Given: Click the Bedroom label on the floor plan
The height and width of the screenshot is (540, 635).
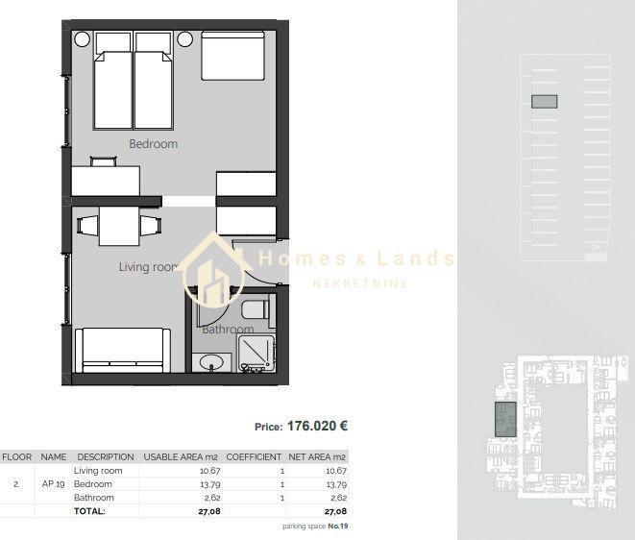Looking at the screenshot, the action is (x=153, y=144).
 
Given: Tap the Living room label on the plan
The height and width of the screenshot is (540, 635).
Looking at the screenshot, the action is (x=149, y=267).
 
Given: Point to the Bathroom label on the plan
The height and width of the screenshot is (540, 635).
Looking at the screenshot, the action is (x=228, y=330).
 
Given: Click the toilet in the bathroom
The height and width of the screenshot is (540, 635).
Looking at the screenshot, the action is (x=256, y=309).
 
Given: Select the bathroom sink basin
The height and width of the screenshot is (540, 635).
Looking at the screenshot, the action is (x=211, y=361).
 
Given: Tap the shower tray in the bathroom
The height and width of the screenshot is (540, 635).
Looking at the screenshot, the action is (x=256, y=354).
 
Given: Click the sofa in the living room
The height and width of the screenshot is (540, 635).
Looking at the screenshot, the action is (x=123, y=351).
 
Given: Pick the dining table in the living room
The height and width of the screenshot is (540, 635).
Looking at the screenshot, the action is (x=119, y=226).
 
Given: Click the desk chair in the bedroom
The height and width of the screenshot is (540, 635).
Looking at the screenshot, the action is (x=103, y=161).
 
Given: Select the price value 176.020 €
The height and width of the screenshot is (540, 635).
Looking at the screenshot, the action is (x=317, y=426).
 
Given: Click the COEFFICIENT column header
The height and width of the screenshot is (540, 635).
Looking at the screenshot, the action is (x=254, y=457).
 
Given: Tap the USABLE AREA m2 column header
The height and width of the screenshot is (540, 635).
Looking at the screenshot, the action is (x=181, y=457).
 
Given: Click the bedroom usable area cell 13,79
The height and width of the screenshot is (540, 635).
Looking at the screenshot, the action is (x=209, y=484).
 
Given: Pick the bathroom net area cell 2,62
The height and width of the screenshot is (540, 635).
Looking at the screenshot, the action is (x=338, y=498).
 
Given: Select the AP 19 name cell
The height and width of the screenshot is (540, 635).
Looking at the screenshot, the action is (x=54, y=484).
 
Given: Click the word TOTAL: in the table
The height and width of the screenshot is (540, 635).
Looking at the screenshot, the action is (x=89, y=511).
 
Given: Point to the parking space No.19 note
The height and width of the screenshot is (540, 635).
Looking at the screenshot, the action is (x=315, y=527).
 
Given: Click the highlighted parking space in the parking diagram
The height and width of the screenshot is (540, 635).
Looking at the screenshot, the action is (x=545, y=101).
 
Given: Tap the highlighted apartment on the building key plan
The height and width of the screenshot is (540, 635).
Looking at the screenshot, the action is (x=505, y=419).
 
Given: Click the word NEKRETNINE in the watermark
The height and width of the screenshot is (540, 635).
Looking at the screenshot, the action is (x=360, y=283).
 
